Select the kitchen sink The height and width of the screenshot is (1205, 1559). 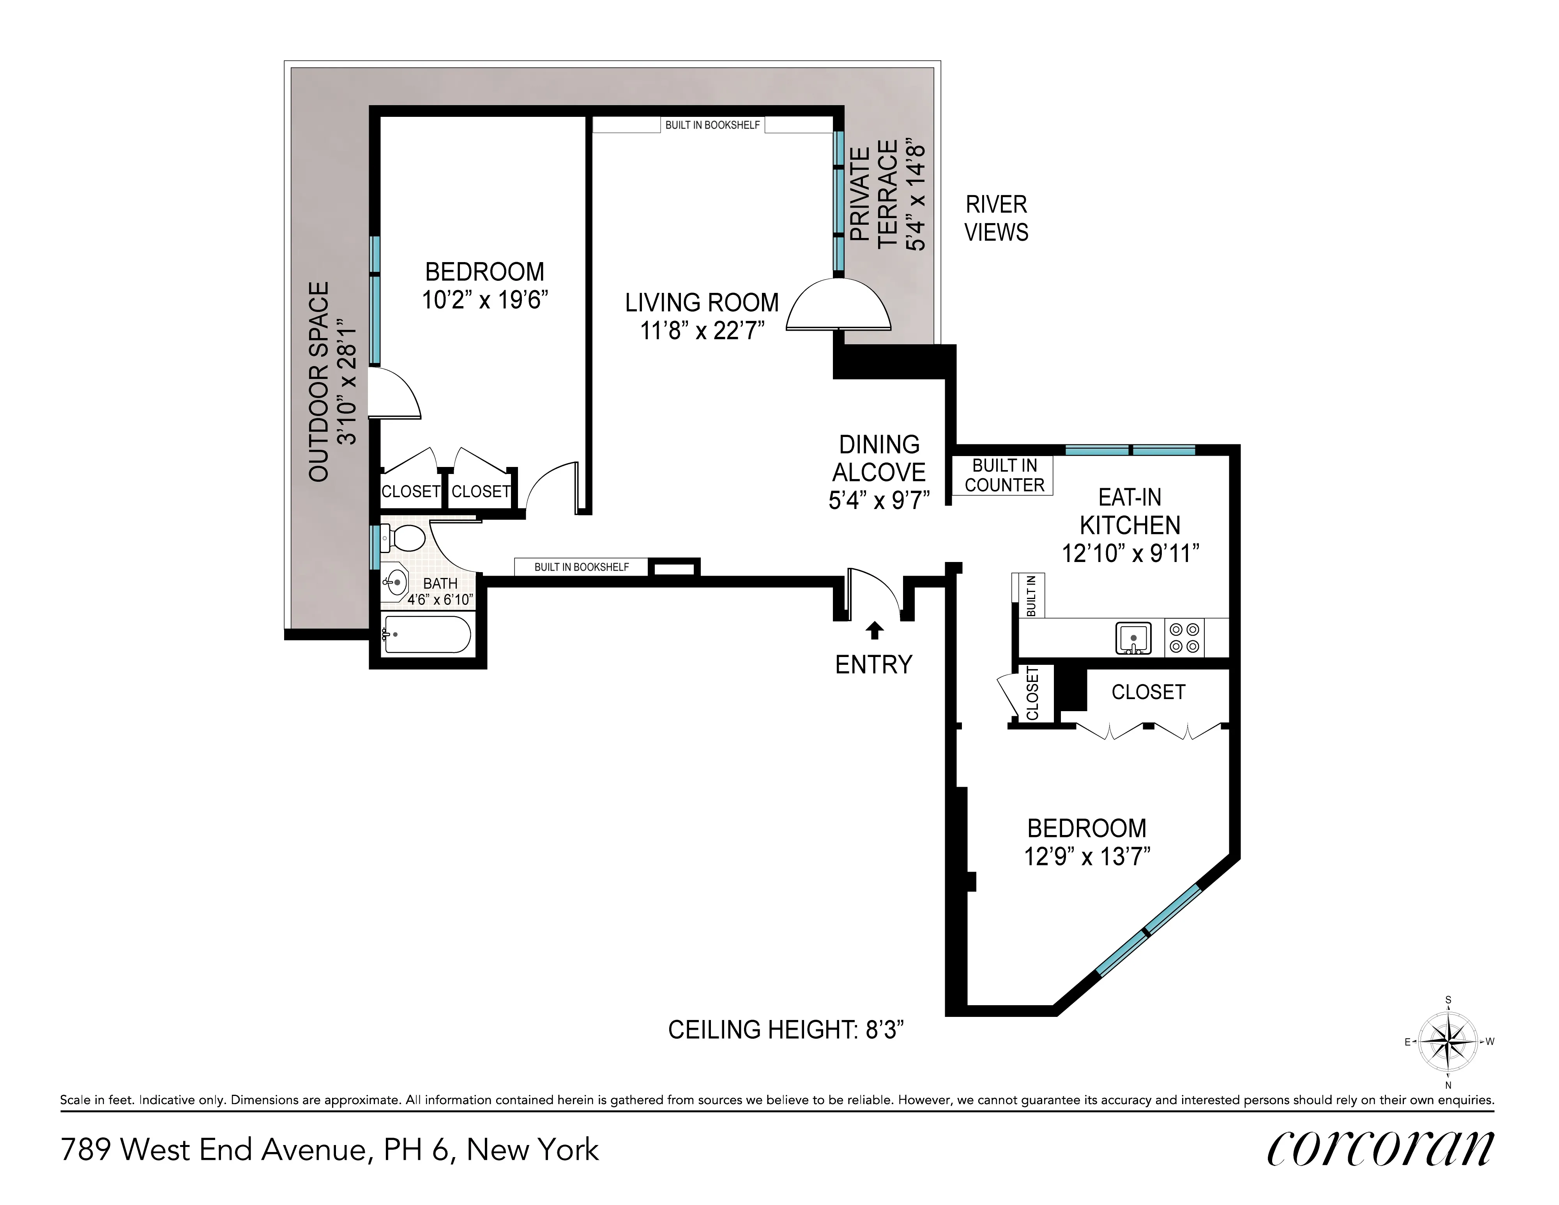[1133, 637]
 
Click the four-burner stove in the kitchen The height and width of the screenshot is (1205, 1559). [1184, 637]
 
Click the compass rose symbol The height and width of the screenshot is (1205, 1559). [1448, 1042]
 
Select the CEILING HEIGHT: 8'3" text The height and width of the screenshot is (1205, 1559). [786, 1029]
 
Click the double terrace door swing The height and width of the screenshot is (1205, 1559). [839, 307]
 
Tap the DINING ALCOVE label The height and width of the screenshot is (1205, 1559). [879, 458]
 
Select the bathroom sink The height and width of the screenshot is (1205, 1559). [395, 581]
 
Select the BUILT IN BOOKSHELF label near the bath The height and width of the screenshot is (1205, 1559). [581, 567]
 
